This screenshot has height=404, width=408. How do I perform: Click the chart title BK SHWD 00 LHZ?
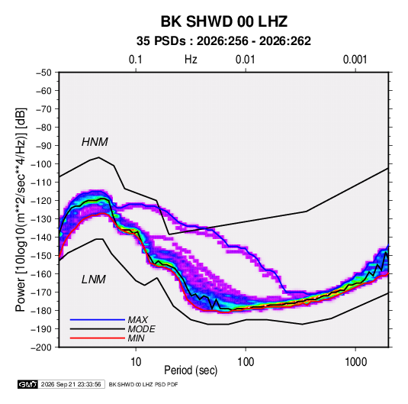coord(224,21)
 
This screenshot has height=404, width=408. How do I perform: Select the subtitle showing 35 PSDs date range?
coord(223,41)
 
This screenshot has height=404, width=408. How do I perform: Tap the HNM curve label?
coord(95,142)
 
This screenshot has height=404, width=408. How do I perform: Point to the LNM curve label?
coord(94,280)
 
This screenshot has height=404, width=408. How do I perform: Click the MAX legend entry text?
coord(137,320)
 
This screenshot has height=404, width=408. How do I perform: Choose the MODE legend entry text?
coord(142,329)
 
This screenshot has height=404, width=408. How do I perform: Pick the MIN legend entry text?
coord(136,338)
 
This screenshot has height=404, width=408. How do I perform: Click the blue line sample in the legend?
coord(98,320)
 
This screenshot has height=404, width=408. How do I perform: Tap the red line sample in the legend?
coord(98,338)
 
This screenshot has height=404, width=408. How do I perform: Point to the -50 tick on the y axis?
coord(43,73)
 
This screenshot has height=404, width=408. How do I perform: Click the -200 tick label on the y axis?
coord(41,347)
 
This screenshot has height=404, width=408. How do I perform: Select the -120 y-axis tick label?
coord(41,201)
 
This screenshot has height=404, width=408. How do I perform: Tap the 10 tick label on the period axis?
coord(136,362)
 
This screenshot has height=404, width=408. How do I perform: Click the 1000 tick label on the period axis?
coord(355,362)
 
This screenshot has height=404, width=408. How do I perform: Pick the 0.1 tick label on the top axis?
coord(136,60)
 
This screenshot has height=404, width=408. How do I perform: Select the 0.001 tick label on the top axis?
coord(355,60)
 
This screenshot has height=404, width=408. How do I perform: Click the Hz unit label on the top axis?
coord(191,60)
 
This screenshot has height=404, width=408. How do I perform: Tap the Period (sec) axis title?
coord(191,370)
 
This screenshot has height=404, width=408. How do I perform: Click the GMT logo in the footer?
coord(28,384)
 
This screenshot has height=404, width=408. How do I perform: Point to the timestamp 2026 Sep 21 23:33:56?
coord(71,384)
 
